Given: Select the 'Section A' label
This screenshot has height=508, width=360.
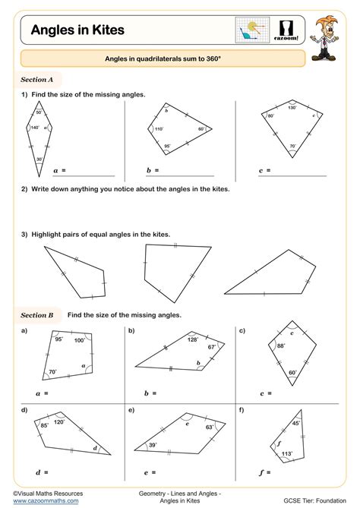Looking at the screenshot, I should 36,79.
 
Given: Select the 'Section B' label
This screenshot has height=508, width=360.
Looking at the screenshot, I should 37,314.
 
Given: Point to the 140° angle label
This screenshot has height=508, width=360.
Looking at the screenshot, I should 33,128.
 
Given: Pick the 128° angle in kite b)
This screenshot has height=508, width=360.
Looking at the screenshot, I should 192,339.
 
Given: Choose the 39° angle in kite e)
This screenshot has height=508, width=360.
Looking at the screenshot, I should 153,446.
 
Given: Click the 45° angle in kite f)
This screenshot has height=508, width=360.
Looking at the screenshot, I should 296,424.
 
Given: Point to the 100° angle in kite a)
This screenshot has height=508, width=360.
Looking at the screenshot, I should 78,340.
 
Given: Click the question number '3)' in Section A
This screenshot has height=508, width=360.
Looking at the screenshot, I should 24,235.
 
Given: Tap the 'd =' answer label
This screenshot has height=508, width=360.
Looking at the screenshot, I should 42,472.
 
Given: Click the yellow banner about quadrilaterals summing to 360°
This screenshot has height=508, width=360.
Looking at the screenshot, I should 163,58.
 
